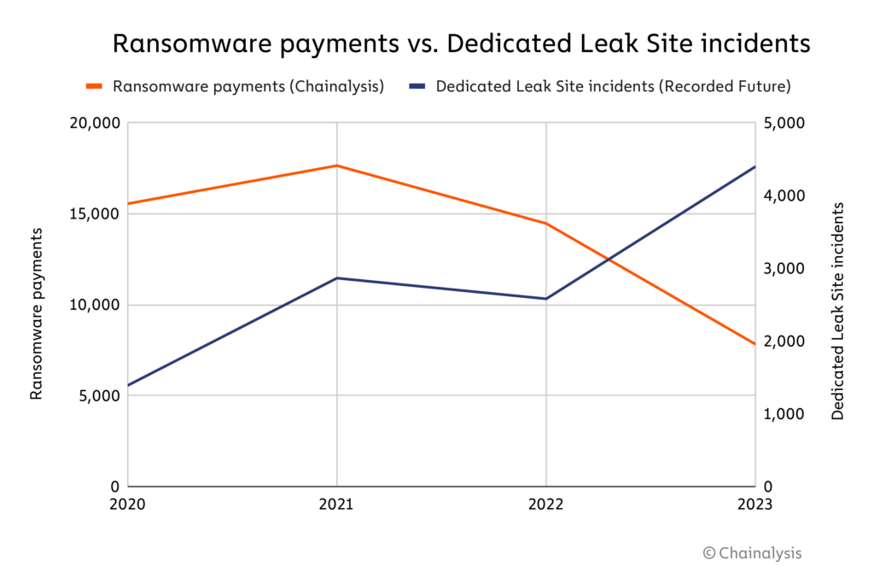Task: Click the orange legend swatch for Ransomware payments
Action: pyautogui.click(x=95, y=86)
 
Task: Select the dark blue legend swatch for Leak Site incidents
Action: pyautogui.click(x=417, y=86)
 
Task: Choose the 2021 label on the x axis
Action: pyautogui.click(x=336, y=505)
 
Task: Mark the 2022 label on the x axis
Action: pyautogui.click(x=545, y=505)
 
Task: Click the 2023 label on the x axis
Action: pyautogui.click(x=755, y=505)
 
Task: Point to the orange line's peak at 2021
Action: pyautogui.click(x=337, y=166)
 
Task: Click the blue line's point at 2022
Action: pyautogui.click(x=545, y=299)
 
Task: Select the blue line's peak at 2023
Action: pyautogui.click(x=755, y=166)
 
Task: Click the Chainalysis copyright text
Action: pyautogui.click(x=752, y=553)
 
